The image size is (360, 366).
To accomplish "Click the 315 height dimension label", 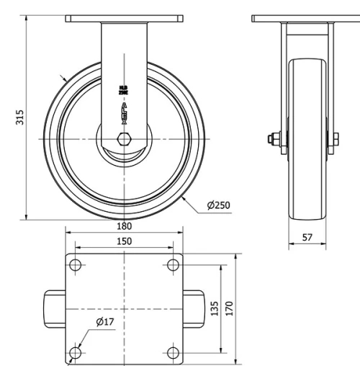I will (20, 117).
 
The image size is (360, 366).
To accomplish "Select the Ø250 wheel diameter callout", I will (217, 205).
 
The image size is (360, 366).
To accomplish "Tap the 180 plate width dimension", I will (124, 226).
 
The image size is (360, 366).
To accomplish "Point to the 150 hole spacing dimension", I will (124, 241).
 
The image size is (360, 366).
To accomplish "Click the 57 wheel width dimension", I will (308, 237).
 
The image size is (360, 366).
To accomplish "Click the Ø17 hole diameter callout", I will (105, 322).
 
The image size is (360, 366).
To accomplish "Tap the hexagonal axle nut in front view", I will (124, 138).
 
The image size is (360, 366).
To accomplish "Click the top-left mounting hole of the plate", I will (76, 264).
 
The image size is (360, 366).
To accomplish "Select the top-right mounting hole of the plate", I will (173, 264).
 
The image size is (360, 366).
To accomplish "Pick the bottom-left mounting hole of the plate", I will (76, 352).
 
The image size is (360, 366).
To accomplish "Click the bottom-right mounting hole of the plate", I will (173, 352).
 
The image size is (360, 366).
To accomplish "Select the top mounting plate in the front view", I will (124, 19).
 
